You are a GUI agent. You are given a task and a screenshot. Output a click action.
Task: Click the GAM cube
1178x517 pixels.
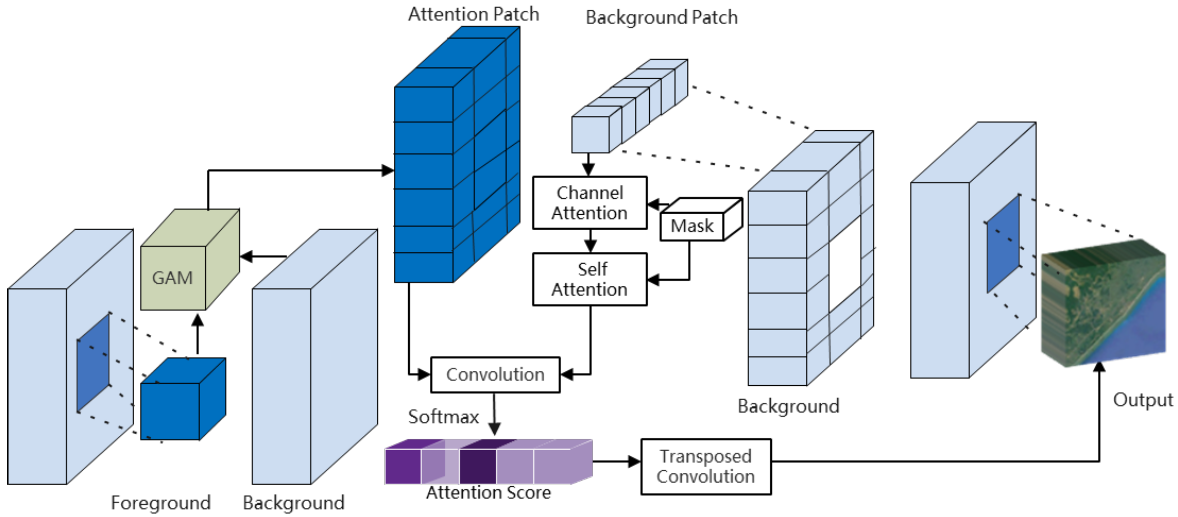pos(173,277)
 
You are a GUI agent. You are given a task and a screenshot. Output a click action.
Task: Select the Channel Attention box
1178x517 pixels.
pos(589,203)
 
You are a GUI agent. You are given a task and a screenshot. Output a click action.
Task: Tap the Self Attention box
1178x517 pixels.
pos(589,279)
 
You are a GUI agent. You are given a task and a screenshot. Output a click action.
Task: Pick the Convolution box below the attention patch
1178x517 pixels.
pos(495,375)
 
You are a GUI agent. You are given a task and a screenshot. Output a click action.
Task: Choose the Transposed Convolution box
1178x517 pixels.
pos(706,467)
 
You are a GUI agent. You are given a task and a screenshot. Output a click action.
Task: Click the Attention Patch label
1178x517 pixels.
pos(473,14)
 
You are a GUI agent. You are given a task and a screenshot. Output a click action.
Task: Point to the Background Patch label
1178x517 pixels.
pos(661,18)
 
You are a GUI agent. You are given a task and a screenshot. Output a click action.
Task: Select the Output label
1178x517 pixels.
pos(1142,400)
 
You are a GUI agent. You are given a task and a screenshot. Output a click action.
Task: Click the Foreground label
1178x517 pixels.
pos(160,503)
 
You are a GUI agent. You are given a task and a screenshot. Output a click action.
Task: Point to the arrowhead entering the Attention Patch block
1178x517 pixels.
pos(387,170)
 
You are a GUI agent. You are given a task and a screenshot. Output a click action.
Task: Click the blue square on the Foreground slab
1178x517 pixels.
pos(93,363)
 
